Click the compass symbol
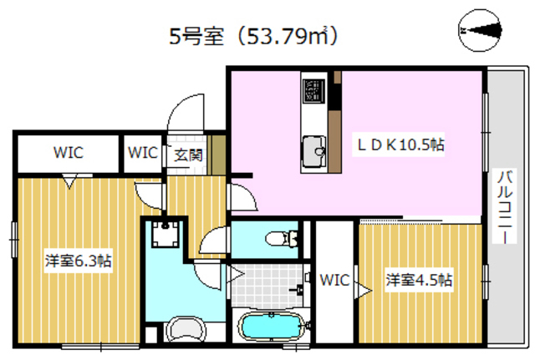pyautogui.click(x=480, y=31)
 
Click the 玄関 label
pyautogui.click(x=188, y=154)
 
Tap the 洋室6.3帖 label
pyautogui.click(x=78, y=261)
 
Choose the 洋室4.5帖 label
pyautogui.click(x=419, y=279)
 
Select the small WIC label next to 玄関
pyautogui.click(x=143, y=153)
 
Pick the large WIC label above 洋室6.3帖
pyautogui.click(x=68, y=153)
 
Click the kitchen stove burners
pyautogui.click(x=314, y=89)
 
